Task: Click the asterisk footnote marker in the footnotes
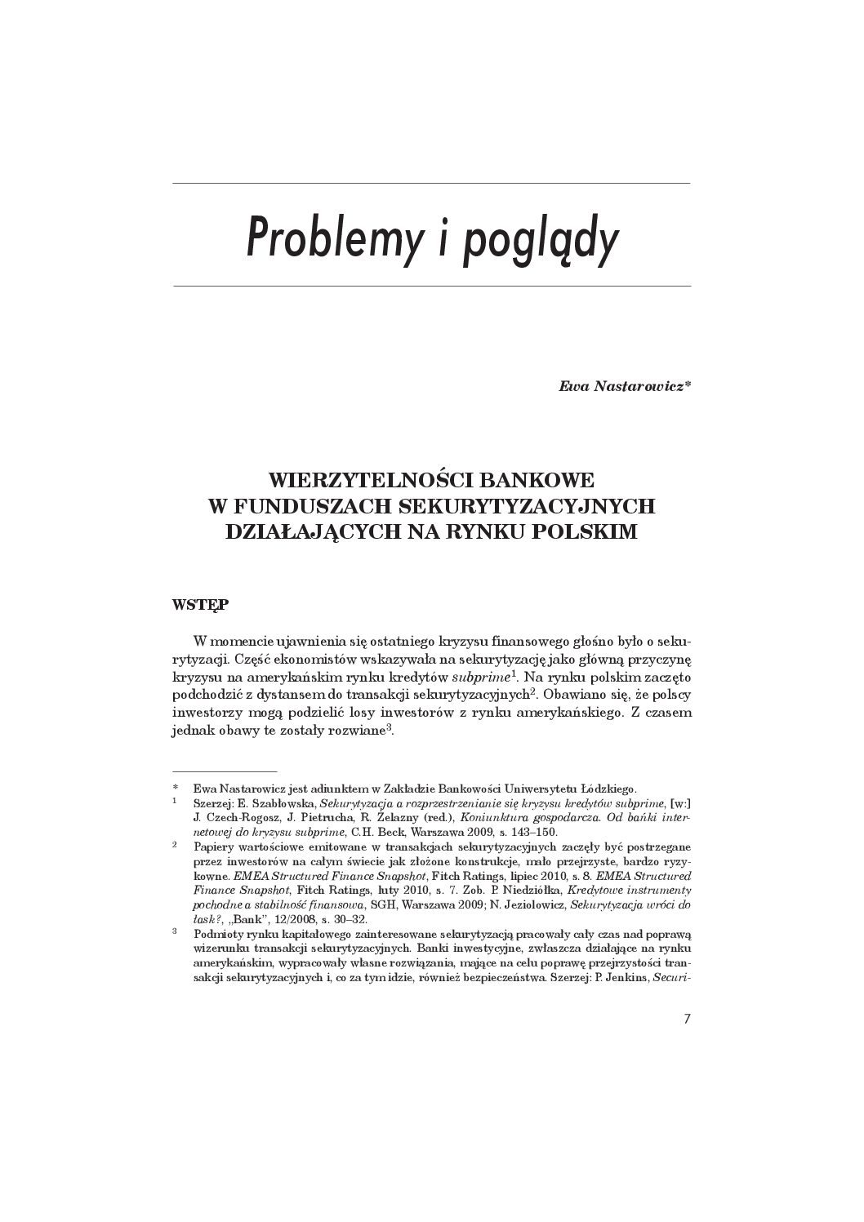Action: coord(176,789)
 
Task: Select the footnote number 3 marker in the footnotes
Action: coord(176,931)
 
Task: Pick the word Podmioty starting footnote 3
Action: coord(219,932)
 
